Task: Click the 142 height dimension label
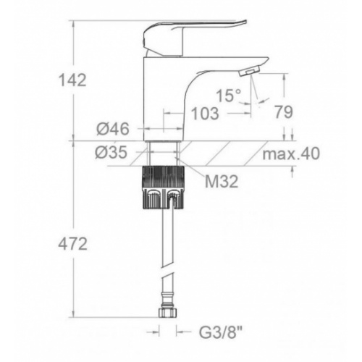pos(72,80)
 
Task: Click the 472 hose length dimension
pos(72,244)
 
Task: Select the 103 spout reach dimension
pos(205,113)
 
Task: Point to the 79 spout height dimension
pos(284,111)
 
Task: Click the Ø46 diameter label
pos(113,129)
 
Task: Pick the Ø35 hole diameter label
pos(111,153)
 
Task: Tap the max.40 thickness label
pos(291,153)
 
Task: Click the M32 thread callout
pos(222,182)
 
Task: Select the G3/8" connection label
pos(220,333)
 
